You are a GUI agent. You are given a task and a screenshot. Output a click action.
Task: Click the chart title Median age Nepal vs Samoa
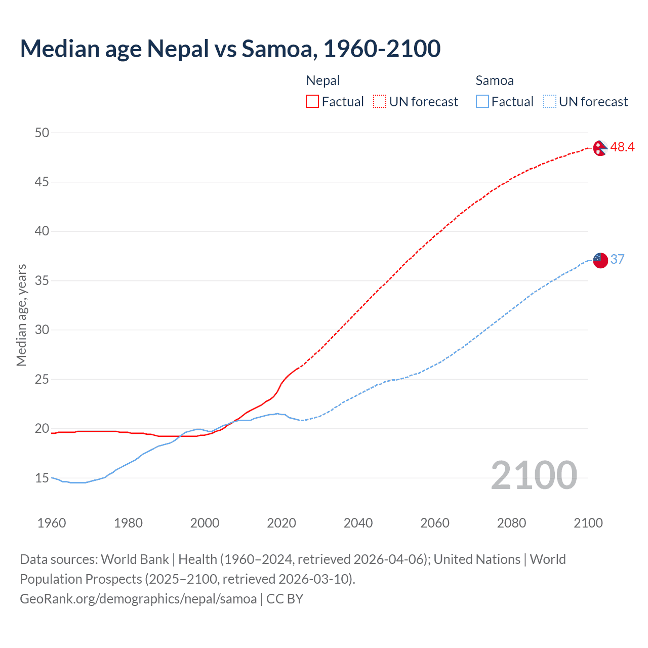[230, 49]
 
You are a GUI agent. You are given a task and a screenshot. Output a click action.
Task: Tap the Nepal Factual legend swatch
[312, 102]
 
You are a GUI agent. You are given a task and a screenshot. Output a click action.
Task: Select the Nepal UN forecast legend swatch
[380, 102]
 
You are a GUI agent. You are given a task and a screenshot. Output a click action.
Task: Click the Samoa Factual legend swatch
[482, 102]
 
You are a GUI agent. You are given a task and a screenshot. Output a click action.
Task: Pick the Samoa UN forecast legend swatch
[549, 102]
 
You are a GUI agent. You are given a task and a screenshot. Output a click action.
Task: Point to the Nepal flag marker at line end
[600, 148]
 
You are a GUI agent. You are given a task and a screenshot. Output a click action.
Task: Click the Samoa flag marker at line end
[600, 260]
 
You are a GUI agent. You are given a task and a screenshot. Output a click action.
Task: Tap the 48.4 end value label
[622, 147]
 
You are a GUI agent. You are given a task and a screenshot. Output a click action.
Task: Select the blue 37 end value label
[618, 260]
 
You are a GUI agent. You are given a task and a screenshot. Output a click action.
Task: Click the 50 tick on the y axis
[42, 133]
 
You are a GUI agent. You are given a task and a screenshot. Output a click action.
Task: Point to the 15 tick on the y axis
[42, 478]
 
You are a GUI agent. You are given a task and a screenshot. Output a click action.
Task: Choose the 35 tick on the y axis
[42, 280]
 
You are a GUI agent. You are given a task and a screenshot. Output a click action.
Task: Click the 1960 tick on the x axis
[52, 523]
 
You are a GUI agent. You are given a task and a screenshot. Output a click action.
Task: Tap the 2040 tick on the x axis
[358, 523]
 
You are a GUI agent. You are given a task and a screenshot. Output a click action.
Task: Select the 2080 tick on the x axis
[511, 523]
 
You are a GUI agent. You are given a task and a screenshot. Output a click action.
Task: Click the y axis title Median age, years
[21, 315]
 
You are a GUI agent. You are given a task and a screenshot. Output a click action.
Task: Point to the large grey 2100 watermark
[534, 475]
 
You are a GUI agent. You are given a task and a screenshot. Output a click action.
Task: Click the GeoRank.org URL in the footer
[138, 599]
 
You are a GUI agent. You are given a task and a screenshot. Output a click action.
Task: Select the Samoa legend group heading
[495, 80]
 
